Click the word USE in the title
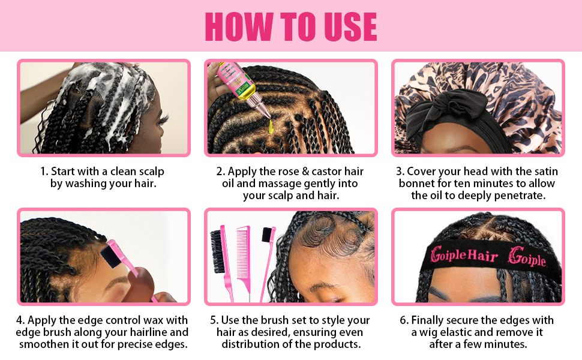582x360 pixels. point(351,26)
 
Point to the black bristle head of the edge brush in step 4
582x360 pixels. point(110,253)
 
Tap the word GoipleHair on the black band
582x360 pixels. point(464,255)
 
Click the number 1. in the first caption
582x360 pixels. point(44,172)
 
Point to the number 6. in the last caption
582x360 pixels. point(404,320)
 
